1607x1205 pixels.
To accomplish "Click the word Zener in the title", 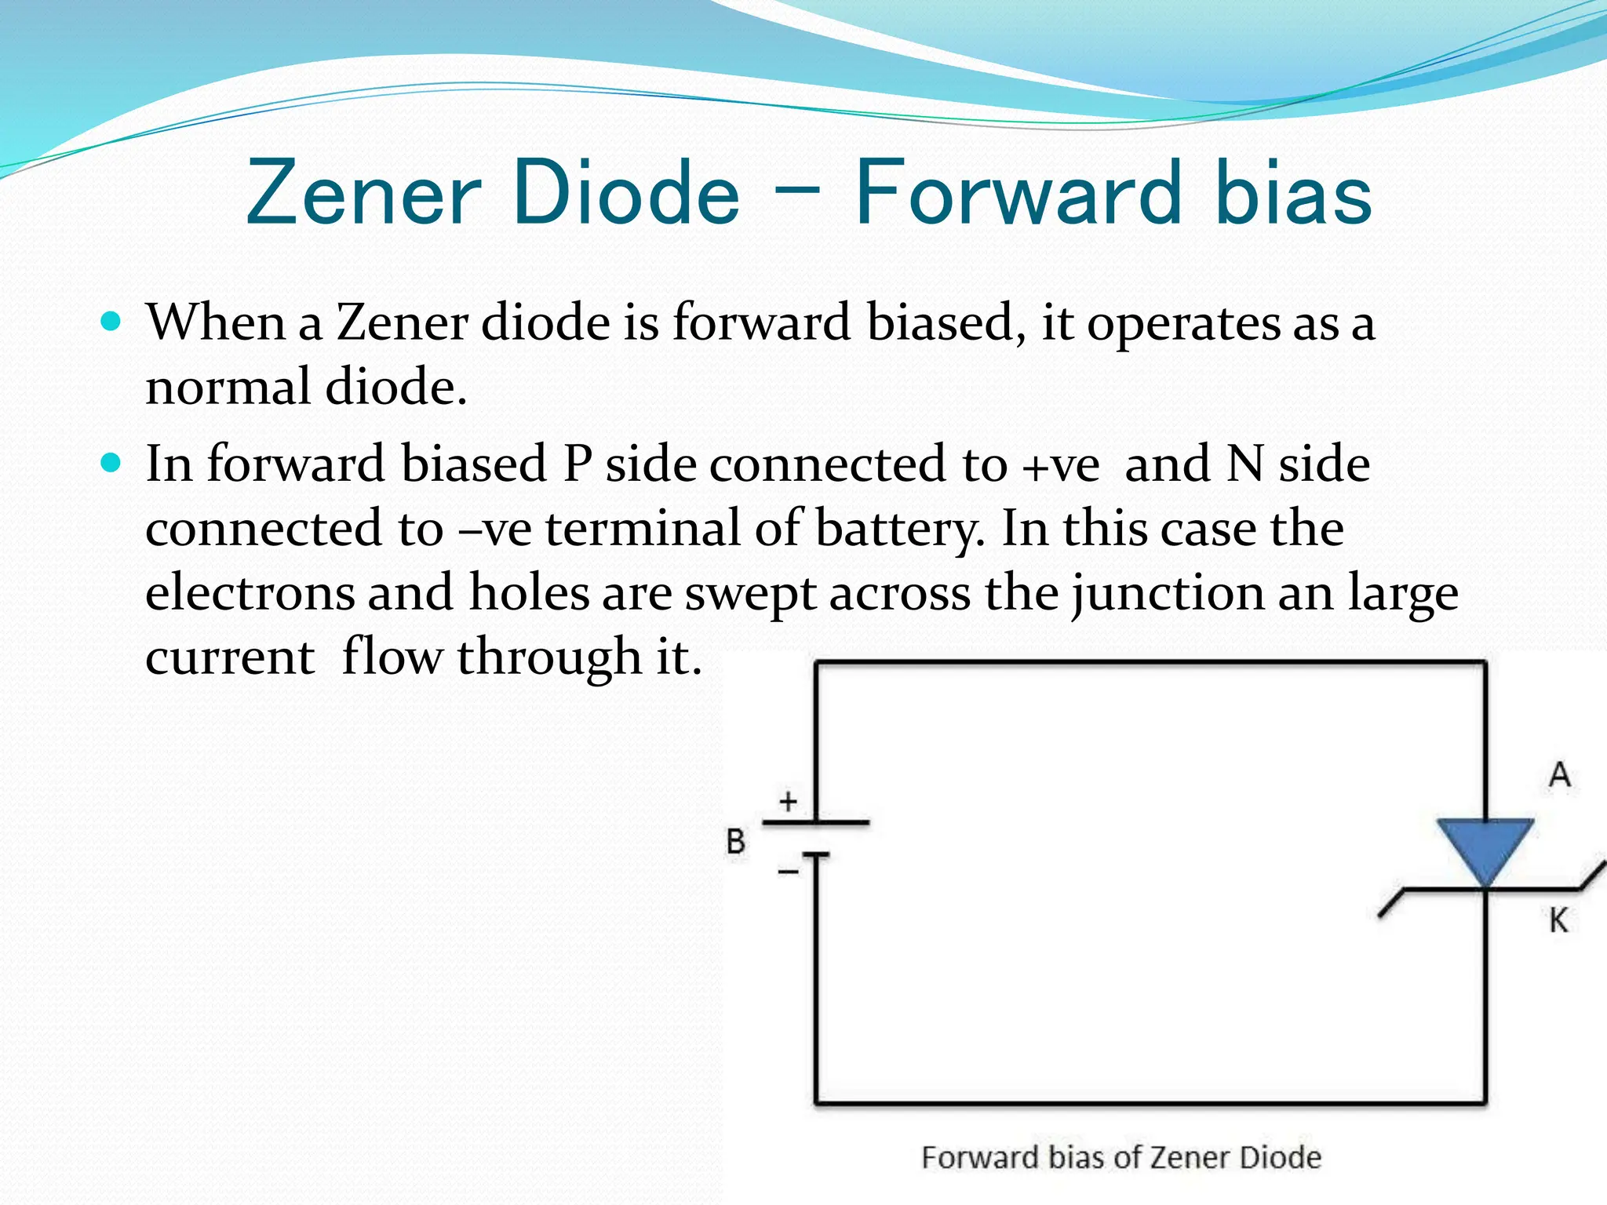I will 363,193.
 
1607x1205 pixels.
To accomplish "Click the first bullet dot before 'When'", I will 111,322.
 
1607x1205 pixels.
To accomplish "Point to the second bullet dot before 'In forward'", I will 111,463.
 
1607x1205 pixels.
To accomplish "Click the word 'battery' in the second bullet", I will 899,529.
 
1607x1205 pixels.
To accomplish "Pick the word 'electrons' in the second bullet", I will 250,592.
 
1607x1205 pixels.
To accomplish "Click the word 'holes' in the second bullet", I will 529,592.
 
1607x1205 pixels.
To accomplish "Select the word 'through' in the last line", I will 549,657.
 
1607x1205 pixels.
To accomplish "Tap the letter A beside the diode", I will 1560,775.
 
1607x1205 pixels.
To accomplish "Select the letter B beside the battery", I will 736,842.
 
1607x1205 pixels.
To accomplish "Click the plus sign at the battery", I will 789,801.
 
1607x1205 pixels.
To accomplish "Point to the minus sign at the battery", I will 788,871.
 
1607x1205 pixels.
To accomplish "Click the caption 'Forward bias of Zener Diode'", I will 1121,1157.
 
